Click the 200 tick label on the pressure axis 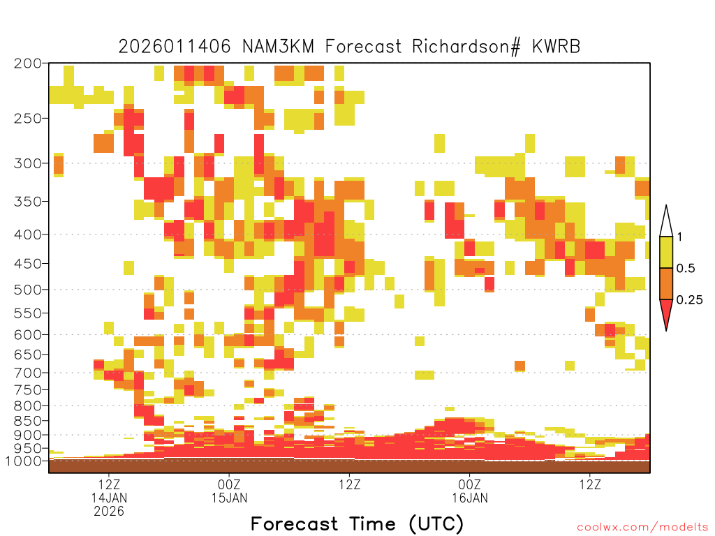click(27, 64)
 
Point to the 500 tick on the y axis click(27, 290)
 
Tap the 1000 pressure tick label click(23, 461)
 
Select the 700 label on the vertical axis click(27, 373)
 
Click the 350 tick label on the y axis click(27, 202)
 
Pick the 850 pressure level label click(27, 421)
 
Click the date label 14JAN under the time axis click(109, 498)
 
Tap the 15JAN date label click(229, 498)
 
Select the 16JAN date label click(470, 498)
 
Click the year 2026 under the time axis click(109, 512)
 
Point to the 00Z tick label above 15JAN click(229, 484)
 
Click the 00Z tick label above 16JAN click(470, 484)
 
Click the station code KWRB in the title click(556, 47)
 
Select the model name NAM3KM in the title click(278, 47)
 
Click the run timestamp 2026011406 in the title click(175, 47)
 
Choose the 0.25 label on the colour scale click(689, 300)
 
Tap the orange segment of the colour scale click(666, 283)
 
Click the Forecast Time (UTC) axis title click(357, 524)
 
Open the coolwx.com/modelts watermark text click(642, 528)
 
